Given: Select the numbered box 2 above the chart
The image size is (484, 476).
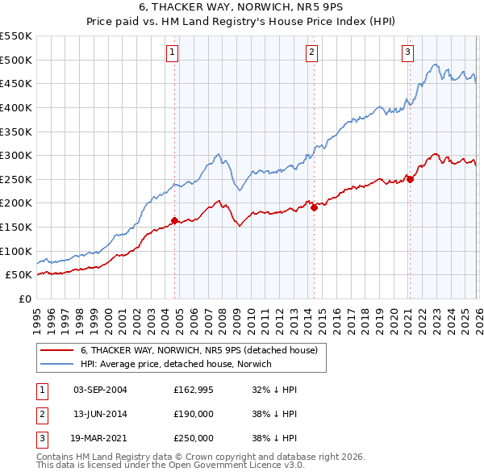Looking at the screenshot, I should click(312, 52).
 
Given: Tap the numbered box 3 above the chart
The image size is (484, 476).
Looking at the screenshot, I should click(408, 52).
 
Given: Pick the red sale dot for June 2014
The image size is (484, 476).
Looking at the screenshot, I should click(314, 207).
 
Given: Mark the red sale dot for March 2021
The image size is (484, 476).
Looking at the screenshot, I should click(410, 179).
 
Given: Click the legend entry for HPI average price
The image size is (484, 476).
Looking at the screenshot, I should click(176, 364).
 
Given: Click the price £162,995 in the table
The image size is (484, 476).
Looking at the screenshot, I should click(193, 389).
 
